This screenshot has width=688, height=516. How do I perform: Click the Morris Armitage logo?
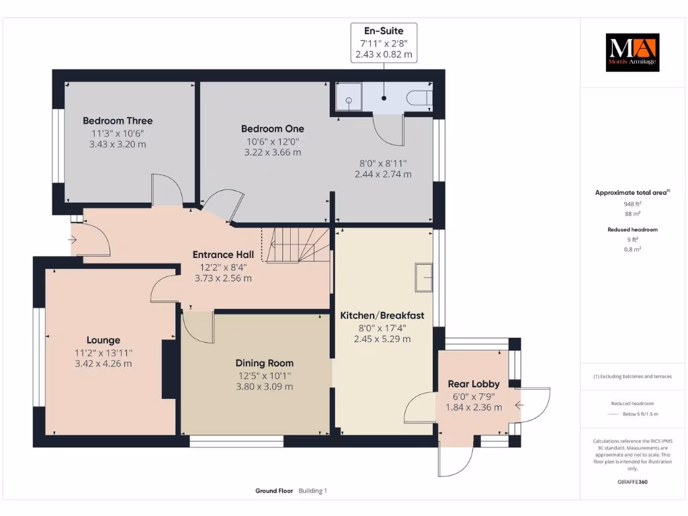point(632,52)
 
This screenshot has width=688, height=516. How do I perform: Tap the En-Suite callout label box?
point(384,42)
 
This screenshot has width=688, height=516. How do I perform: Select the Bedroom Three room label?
point(118,121)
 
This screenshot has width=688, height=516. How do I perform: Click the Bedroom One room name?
point(273,128)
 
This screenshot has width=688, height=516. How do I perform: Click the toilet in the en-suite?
point(419,98)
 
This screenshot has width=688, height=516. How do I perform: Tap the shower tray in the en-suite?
point(349,97)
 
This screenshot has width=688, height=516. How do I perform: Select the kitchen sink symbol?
point(424,277)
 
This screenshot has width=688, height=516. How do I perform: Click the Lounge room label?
point(103,340)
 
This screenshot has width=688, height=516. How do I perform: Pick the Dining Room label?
point(264,363)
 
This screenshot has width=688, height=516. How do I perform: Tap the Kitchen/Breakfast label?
point(382,316)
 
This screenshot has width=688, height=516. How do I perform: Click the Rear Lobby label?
point(474,384)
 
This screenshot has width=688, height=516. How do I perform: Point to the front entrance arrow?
point(73,240)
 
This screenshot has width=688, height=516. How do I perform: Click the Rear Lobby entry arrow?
point(519,405)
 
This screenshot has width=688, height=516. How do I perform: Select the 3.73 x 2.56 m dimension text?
point(223,278)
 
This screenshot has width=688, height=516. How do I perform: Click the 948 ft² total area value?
point(632,204)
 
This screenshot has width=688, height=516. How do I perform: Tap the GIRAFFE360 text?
point(632,482)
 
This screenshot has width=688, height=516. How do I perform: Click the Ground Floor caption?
point(274,491)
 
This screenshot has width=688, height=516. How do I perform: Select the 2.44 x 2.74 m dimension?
point(383,174)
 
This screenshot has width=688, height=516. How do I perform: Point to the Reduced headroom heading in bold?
point(632,230)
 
